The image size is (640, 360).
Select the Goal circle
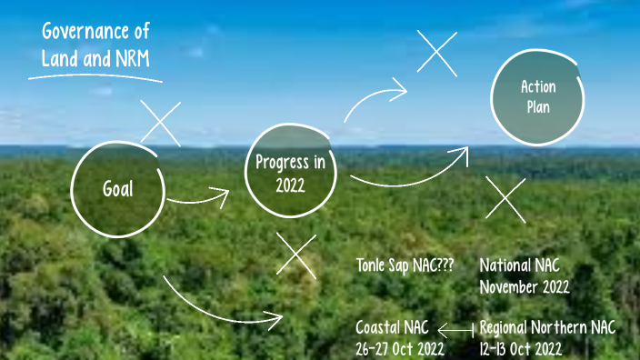117,189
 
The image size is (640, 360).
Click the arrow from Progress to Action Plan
409,173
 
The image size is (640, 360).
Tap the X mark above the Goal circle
161,123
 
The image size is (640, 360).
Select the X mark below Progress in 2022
295,256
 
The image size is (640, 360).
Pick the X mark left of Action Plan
437,52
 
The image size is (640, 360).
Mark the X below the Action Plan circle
505,198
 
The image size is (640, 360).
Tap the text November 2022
525,287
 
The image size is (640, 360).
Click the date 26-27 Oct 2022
400,349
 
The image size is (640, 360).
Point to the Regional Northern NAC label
547,328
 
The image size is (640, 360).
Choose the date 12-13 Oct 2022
520,349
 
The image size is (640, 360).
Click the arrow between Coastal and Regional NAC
456,329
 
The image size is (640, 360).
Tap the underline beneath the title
95,76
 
